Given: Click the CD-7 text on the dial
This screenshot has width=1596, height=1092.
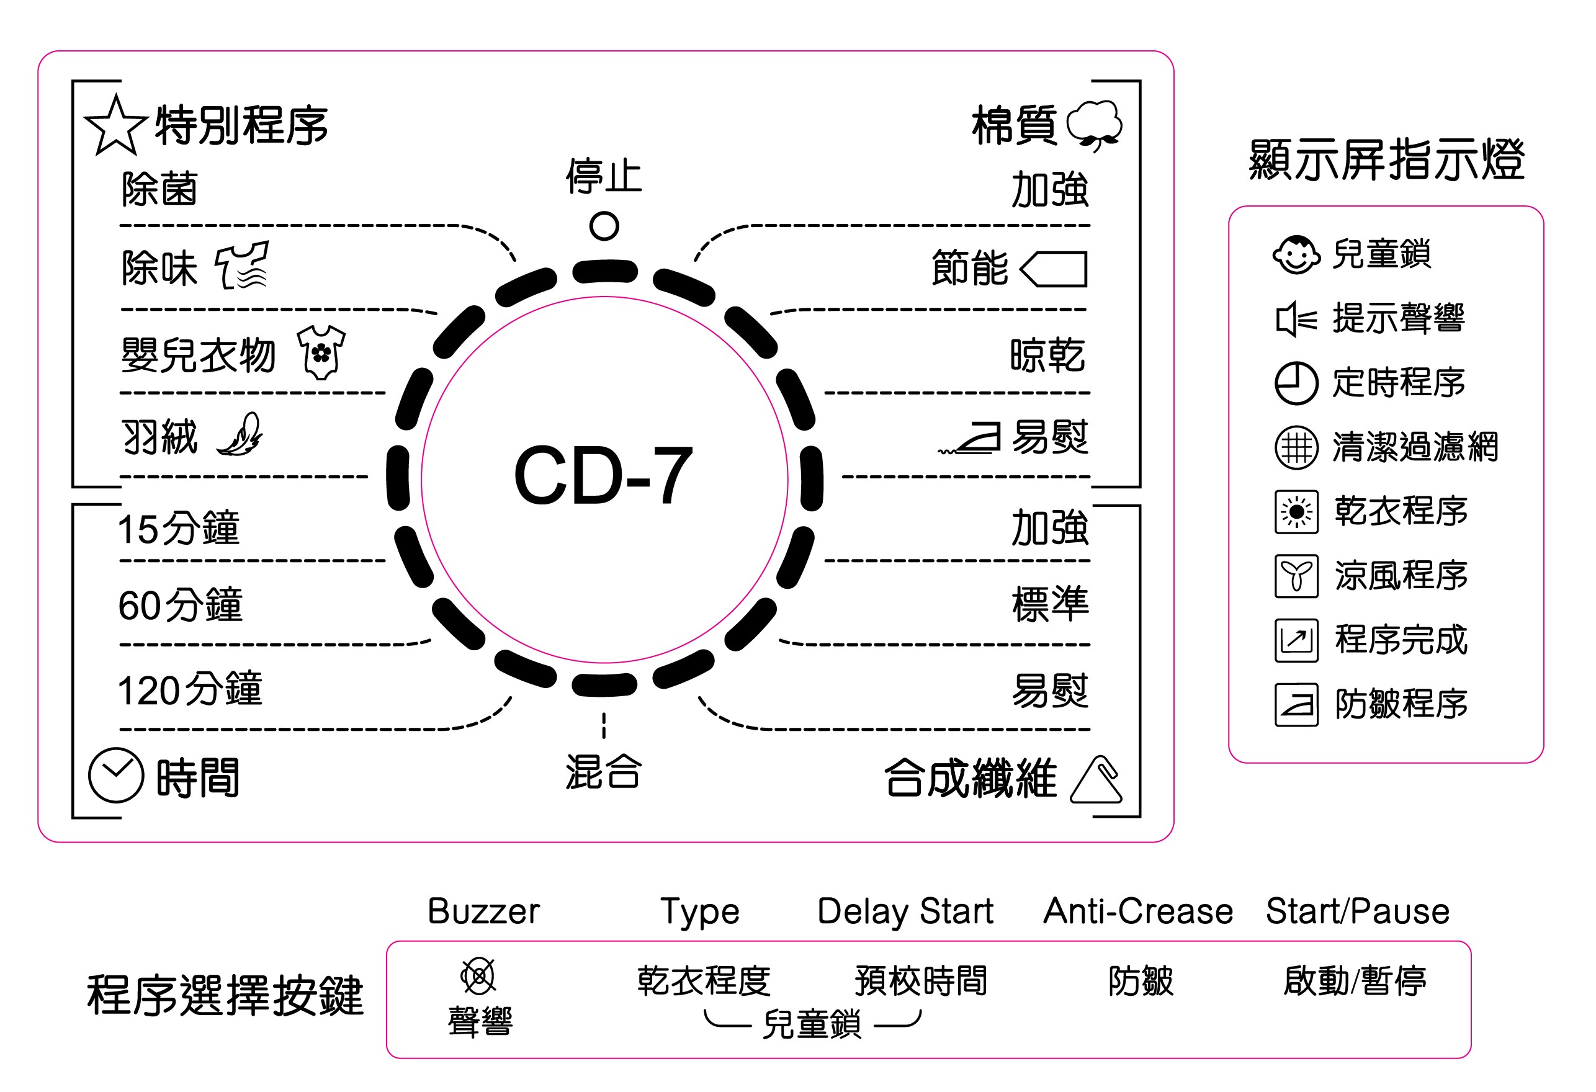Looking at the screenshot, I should (603, 476).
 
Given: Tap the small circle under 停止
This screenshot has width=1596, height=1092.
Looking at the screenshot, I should (604, 226).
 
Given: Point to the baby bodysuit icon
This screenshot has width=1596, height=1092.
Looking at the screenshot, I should (321, 352).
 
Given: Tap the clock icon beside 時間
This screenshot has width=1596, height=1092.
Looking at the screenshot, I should (115, 776).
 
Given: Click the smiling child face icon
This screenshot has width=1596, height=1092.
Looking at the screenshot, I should (1295, 255).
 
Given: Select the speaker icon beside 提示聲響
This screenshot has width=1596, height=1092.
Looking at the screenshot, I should (1295, 320).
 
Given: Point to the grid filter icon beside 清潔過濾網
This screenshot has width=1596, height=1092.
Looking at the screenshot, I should (1296, 448).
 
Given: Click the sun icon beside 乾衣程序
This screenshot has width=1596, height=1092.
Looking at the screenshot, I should (1296, 512).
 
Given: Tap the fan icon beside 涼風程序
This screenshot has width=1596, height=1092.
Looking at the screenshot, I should (1296, 576).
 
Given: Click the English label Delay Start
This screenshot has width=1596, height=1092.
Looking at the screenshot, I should (905, 911).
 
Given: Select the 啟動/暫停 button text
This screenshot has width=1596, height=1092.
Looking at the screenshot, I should (1354, 981).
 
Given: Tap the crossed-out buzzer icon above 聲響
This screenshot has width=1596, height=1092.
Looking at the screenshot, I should (478, 976).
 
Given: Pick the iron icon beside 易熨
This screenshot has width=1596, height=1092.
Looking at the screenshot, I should (971, 437).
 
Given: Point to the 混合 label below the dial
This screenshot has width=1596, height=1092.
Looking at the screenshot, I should (603, 772).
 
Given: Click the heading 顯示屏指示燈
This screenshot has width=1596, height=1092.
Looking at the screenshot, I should (1386, 159).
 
